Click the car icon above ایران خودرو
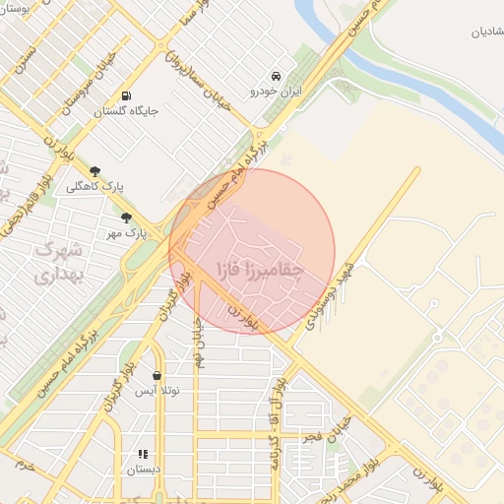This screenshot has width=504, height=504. tap(277, 76)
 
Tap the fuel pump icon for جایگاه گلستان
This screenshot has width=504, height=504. tap(126, 95)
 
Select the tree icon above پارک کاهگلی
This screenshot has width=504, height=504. tap(94, 171)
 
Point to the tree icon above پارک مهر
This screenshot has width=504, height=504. tap(125, 218)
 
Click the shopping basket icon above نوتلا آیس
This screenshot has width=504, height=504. tap(157, 375)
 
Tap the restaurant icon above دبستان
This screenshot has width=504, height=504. tap(143, 454)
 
